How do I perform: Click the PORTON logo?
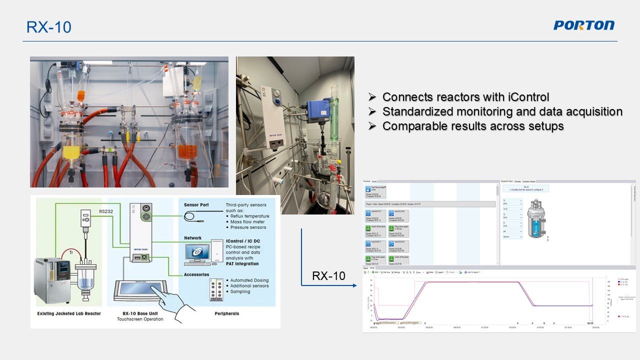583,25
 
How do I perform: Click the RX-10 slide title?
49,27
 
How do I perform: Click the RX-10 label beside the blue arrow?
328,275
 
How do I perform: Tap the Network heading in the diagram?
193,238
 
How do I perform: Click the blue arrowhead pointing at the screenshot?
354,285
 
